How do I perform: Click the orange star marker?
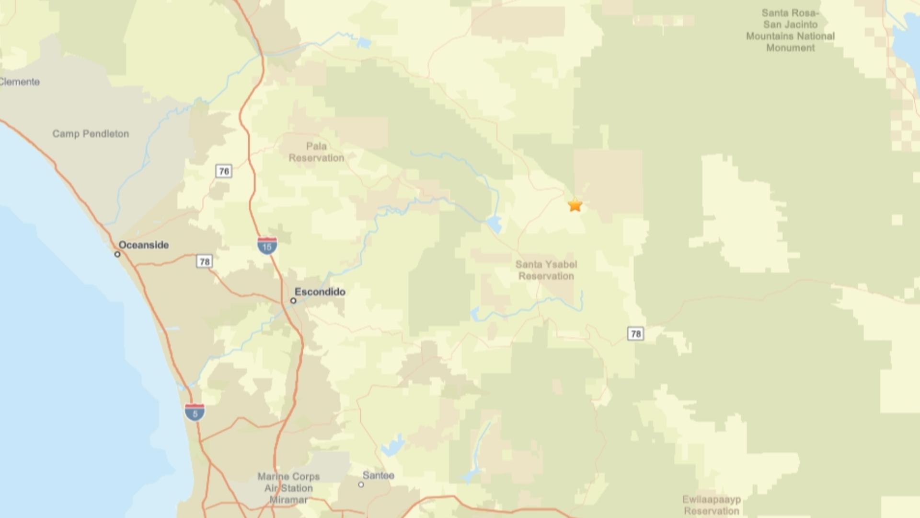coord(575,205)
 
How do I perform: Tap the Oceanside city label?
coord(144,245)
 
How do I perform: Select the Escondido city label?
coord(320,292)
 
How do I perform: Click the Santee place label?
coord(379,475)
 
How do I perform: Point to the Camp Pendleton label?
coord(91,134)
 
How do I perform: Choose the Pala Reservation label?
coord(316,152)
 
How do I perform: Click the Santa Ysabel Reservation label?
coord(546,270)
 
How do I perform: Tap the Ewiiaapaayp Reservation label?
coord(712,505)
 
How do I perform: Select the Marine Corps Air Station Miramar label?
coord(288,488)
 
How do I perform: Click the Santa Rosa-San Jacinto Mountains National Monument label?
coord(790,30)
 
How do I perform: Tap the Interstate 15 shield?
coord(267,246)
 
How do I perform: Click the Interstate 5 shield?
coord(195,412)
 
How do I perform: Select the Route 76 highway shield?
coord(224,171)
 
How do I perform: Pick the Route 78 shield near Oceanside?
coord(205,261)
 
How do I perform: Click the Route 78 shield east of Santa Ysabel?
coord(635,334)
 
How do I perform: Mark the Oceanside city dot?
coord(117,254)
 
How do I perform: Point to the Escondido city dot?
coord(293,301)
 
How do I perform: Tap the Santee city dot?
coord(361,484)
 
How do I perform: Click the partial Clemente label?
coord(20,82)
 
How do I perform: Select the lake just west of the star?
coord(494,224)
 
